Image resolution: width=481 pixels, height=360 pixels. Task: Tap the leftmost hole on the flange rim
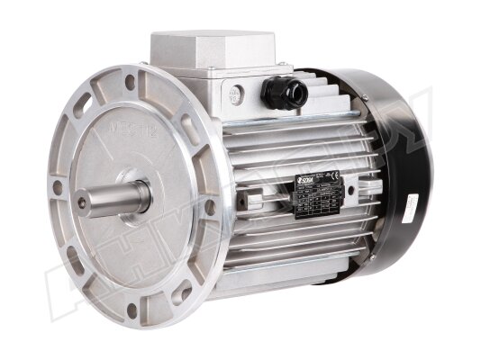(x=59, y=188)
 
